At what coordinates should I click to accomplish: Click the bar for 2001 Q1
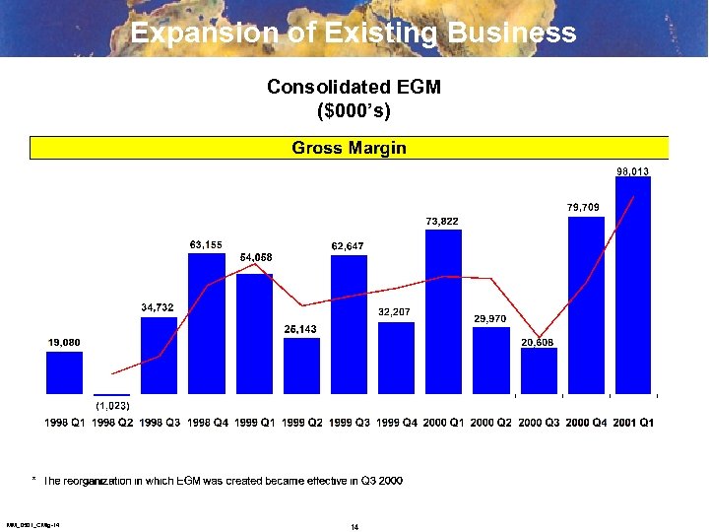click(x=633, y=286)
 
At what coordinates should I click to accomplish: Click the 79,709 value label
click(x=584, y=207)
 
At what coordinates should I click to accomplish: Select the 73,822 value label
click(x=442, y=221)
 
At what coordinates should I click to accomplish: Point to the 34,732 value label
click(x=158, y=308)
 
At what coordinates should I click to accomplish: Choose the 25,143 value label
click(x=300, y=329)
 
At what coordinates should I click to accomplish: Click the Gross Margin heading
click(x=349, y=148)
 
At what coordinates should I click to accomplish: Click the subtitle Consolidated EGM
click(x=354, y=87)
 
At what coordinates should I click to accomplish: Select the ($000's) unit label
click(x=354, y=110)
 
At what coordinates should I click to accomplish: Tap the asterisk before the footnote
click(x=33, y=480)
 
